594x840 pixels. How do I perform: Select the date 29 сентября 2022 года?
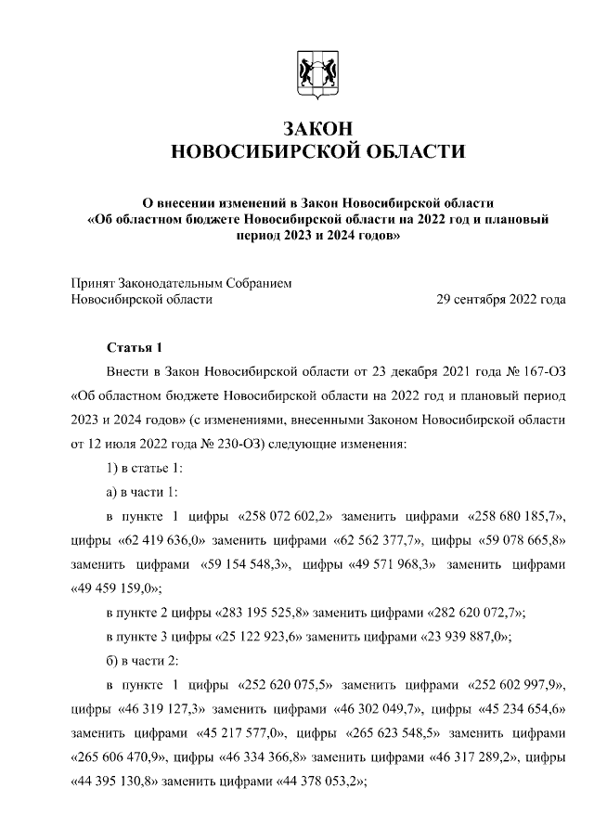click(x=501, y=299)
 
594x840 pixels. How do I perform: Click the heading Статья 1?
click(x=136, y=348)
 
